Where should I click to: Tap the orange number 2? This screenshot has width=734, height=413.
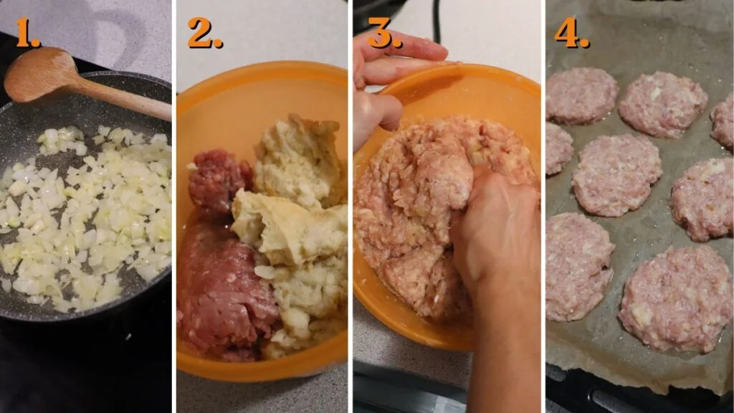point(204,33)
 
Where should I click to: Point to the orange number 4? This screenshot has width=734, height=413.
point(571,33)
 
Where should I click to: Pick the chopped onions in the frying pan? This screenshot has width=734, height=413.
point(86,215)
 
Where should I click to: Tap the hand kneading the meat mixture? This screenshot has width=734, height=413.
point(495,229)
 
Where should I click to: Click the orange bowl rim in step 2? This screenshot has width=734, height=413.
point(258,72)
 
